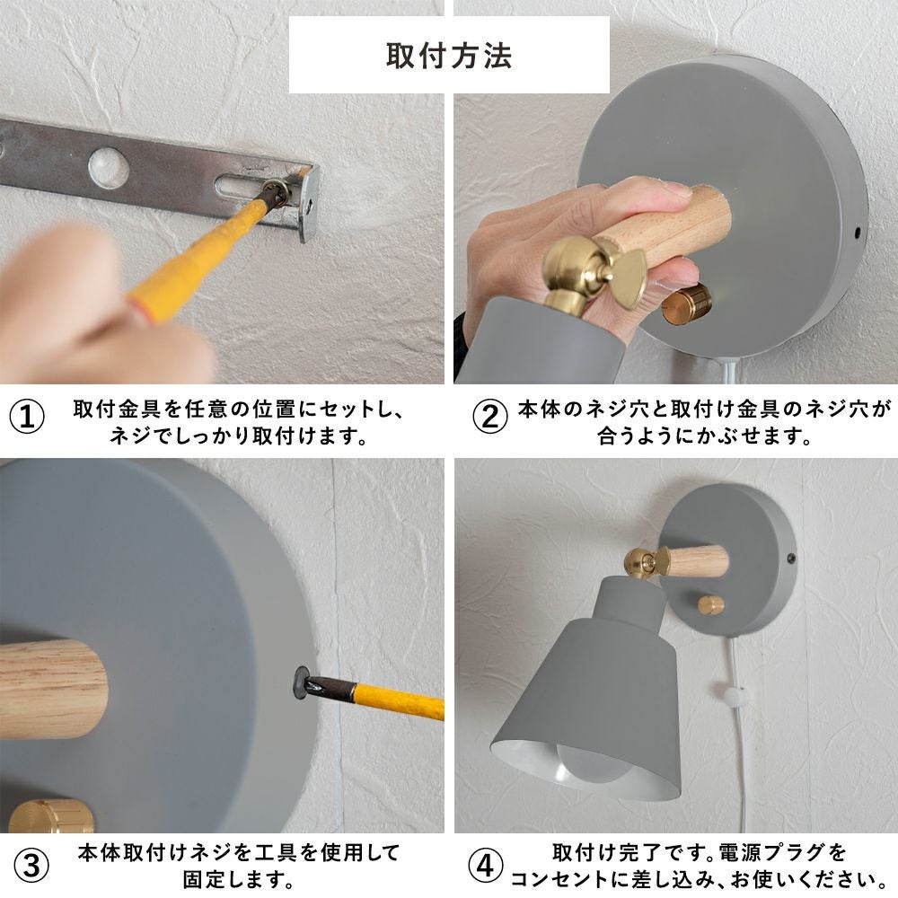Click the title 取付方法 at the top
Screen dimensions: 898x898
coord(449,56)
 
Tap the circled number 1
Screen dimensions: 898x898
coord(27,417)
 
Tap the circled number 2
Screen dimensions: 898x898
coord(490,417)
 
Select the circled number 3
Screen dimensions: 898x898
coord(31,866)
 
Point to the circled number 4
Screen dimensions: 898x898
coord(486,866)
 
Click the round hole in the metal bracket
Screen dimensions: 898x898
coord(109,167)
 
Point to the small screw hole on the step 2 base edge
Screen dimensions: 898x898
coord(858,233)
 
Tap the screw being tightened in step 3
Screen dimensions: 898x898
coord(302,682)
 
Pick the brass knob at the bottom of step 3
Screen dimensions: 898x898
coord(50,815)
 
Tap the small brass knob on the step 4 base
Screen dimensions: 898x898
coord(710,605)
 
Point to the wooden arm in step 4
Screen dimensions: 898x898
coord(698,561)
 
